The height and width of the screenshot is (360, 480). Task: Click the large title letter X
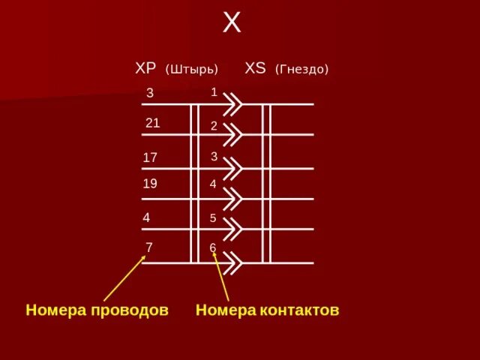232,23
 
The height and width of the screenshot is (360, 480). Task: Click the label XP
145,68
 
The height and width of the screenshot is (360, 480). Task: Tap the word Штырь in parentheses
191,69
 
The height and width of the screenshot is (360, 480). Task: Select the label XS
256,68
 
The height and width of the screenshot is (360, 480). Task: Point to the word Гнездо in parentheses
301,69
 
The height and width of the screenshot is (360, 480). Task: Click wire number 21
152,123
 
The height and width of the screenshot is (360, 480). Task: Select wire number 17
150,157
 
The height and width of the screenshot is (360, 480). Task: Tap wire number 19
150,183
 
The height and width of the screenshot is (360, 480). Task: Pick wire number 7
149,247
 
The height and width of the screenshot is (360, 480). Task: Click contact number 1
214,92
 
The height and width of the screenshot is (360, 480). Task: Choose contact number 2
214,126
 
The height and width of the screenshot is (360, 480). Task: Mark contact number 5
213,218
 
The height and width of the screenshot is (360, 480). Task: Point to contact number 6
213,247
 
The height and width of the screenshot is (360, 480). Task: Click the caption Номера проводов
97,310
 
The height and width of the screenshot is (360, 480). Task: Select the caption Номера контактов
267,310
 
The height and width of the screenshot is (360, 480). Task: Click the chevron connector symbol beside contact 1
233,103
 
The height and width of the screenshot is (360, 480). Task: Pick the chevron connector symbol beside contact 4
233,199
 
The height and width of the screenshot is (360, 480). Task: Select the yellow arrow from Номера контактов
220,277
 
